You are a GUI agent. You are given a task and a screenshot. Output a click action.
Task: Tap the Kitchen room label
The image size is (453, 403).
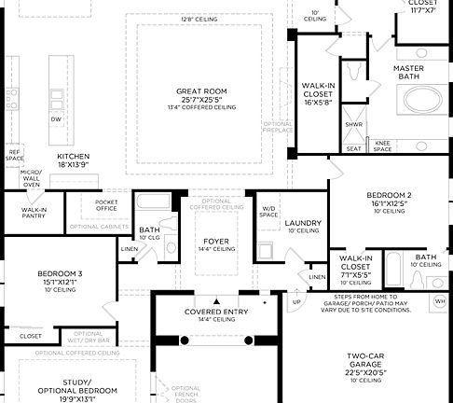point(73,157)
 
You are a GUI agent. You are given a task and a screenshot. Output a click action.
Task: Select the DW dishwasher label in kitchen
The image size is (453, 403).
point(56,119)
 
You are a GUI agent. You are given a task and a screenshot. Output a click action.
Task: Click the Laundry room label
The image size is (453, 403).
point(303,223)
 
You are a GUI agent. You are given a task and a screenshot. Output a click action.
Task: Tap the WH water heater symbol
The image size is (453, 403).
point(441,302)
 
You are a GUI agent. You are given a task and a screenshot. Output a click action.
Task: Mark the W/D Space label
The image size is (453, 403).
point(268,212)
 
